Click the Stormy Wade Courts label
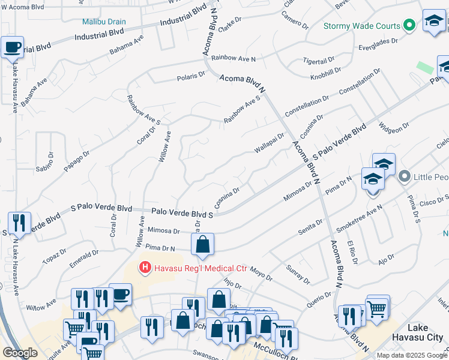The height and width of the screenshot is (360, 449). tap(361, 26)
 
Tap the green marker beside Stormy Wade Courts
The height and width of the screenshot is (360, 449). tap(409, 25)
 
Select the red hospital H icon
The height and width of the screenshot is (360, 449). tap(144, 267)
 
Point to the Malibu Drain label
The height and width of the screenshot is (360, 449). tap(104, 22)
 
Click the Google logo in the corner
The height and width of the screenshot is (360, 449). tap(20, 353)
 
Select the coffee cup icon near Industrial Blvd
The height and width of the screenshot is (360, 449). tap(12, 47)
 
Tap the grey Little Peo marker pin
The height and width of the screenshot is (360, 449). tap(405, 176)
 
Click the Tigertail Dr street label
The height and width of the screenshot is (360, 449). tap(319, 61)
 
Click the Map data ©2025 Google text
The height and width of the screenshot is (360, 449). tap(411, 355)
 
